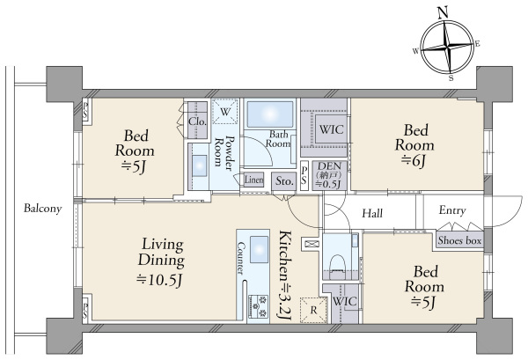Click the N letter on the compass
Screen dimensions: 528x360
(x=444, y=13)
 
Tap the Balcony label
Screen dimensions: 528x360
(x=43, y=209)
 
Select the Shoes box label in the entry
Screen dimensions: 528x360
(x=459, y=240)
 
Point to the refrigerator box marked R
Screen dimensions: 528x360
(x=313, y=310)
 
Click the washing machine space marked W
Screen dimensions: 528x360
(x=225, y=112)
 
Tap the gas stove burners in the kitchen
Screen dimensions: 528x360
(x=258, y=306)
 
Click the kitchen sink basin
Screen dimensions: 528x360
(x=259, y=250)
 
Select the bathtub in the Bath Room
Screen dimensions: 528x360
(x=270, y=114)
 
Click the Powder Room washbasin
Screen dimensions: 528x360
(x=200, y=165)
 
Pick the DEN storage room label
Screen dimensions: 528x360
(x=328, y=175)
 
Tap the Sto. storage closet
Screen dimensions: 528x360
(x=284, y=181)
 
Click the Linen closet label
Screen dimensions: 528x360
(x=253, y=180)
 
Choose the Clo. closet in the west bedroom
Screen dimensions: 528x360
(x=197, y=121)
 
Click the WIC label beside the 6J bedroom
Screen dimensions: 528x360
(x=332, y=129)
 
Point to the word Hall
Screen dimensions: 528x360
(x=372, y=213)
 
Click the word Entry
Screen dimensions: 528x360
(x=452, y=210)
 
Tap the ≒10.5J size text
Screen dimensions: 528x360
(x=159, y=280)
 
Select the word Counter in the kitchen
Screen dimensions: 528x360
(x=240, y=258)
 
